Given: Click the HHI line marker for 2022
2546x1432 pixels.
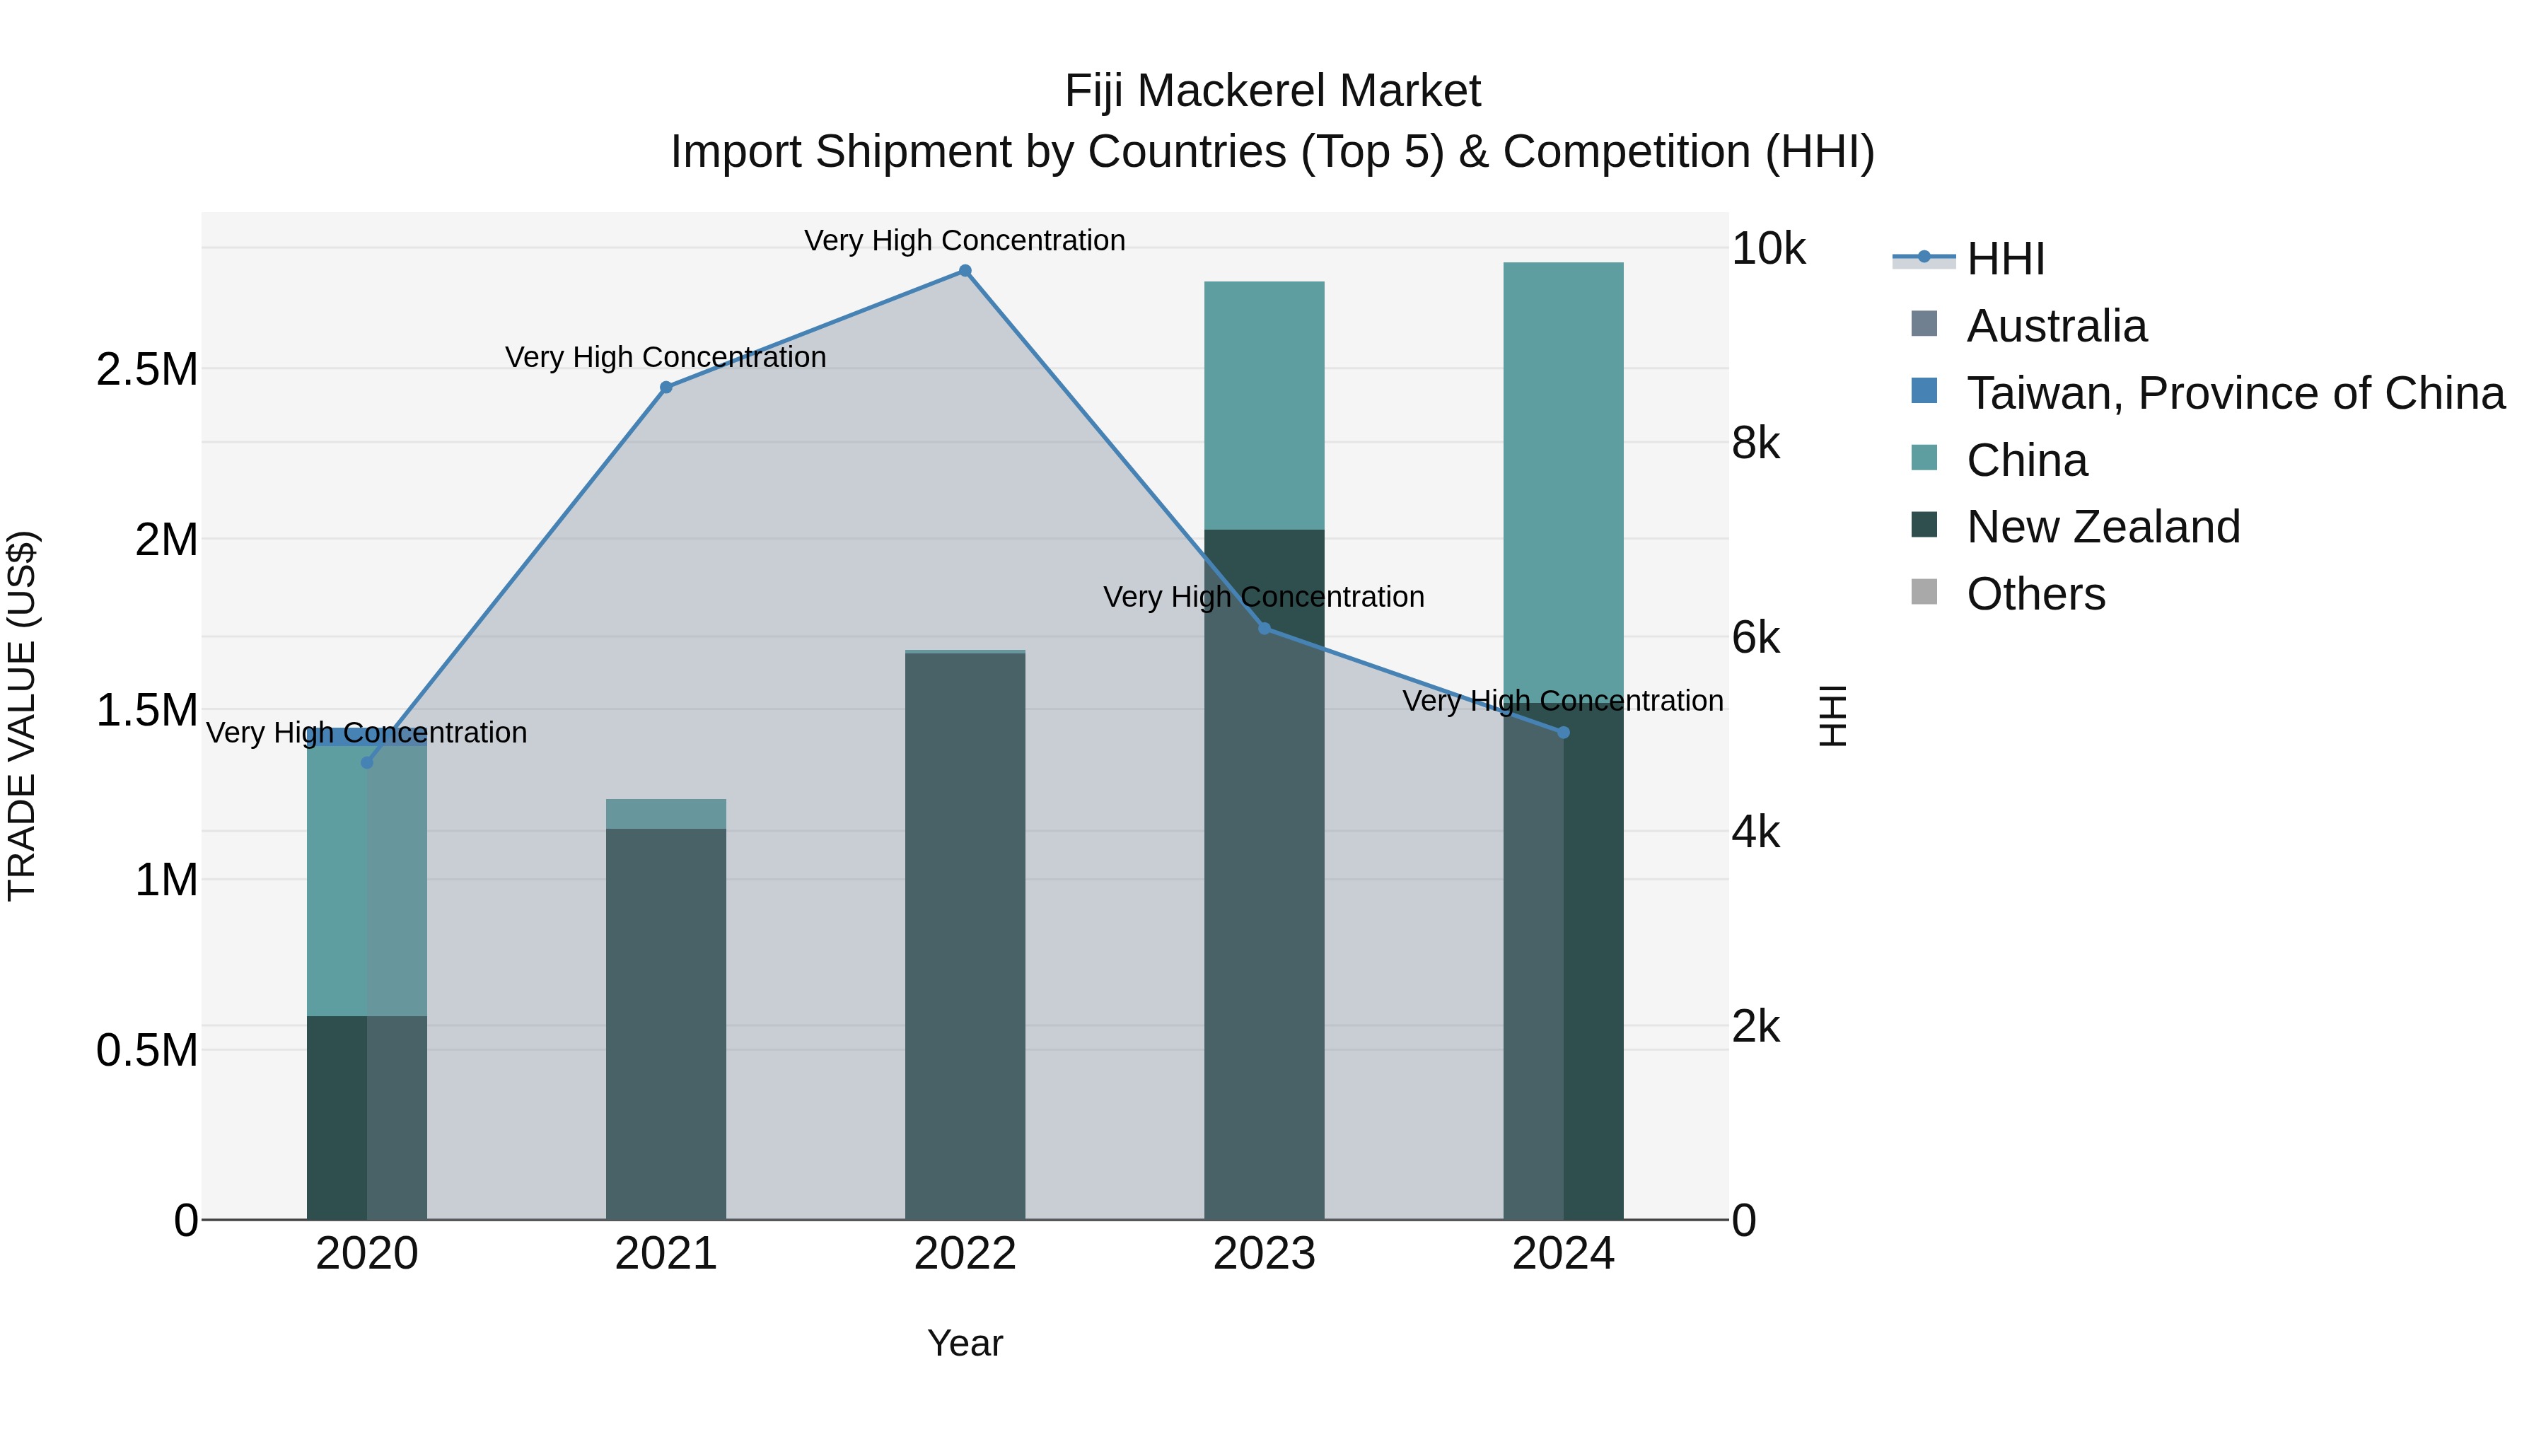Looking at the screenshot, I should pyautogui.click(x=965, y=271).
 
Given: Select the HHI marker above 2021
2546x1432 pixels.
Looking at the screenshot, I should pyautogui.click(x=666, y=388).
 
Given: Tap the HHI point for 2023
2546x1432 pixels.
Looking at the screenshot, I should pyautogui.click(x=1264, y=629).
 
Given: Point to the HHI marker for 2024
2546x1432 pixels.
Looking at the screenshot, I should pyautogui.click(x=1562, y=733).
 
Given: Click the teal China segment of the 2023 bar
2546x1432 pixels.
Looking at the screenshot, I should pyautogui.click(x=1264, y=405).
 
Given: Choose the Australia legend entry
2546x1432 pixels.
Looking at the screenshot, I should pyautogui.click(x=2056, y=326).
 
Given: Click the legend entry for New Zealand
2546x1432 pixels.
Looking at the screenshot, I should pyautogui.click(x=2103, y=527).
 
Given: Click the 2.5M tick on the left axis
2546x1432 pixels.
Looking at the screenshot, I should pyautogui.click(x=146, y=370).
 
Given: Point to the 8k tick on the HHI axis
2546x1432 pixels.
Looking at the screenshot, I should pyautogui.click(x=1755, y=443).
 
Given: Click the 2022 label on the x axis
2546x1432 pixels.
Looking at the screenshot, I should pyautogui.click(x=965, y=1254).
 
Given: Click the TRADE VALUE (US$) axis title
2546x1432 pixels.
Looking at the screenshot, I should pyautogui.click(x=22, y=716).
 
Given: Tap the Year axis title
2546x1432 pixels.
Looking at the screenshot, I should pyautogui.click(x=965, y=1343).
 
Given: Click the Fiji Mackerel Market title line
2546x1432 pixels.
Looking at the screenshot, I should pyautogui.click(x=1272, y=91).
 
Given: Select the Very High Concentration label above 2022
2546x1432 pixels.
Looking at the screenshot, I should pyautogui.click(x=965, y=240).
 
